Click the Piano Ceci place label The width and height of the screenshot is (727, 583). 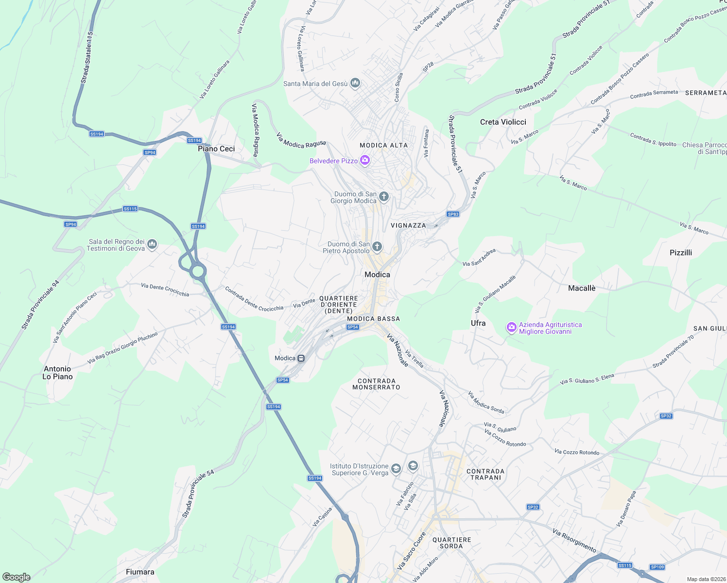[216, 149]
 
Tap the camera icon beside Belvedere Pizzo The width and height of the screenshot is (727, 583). [365, 160]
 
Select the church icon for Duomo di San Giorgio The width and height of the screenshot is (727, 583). [384, 197]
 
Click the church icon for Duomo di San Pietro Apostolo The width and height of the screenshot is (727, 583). [377, 247]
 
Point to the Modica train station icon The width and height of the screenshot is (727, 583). [301, 359]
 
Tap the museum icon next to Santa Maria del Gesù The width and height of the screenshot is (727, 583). [355, 84]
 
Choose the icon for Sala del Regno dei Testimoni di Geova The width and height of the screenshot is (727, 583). [152, 244]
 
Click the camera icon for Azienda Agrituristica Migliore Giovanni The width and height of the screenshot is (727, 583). [511, 328]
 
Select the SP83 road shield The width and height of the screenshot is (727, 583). [453, 214]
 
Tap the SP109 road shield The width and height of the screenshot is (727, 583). [657, 567]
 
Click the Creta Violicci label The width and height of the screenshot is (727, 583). [503, 122]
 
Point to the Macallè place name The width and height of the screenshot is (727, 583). [582, 288]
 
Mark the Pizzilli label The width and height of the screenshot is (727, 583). [680, 253]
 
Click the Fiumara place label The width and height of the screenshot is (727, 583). [140, 572]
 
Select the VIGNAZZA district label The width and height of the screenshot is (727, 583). [408, 225]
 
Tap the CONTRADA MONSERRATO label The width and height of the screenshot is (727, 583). [376, 384]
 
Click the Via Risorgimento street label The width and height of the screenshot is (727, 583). [574, 540]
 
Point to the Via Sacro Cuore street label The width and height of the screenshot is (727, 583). [411, 551]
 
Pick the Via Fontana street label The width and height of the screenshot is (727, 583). [426, 143]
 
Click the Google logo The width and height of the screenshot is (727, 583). [17, 577]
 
